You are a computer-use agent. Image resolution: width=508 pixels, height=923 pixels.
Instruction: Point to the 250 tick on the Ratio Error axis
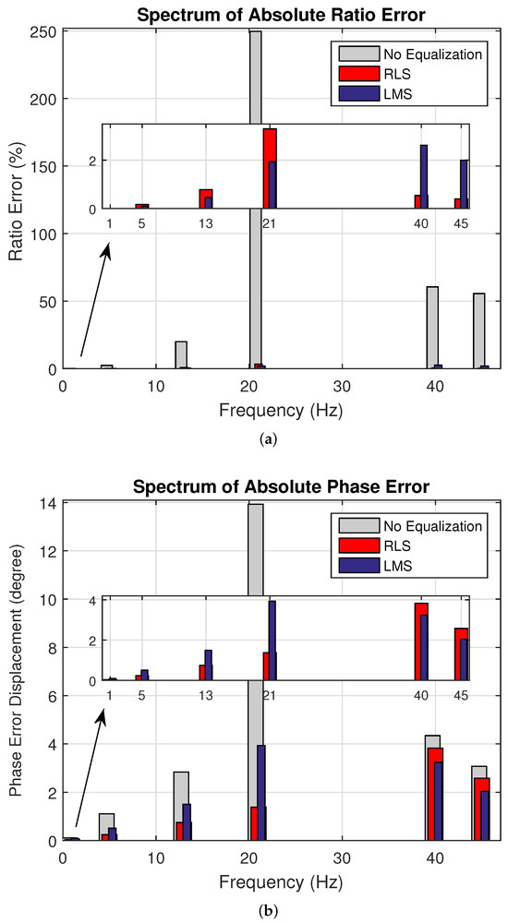[x=44, y=32]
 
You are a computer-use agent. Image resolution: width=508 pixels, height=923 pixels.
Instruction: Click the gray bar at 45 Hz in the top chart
[x=478, y=330]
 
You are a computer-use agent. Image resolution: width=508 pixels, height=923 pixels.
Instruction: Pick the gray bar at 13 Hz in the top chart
[x=181, y=354]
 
